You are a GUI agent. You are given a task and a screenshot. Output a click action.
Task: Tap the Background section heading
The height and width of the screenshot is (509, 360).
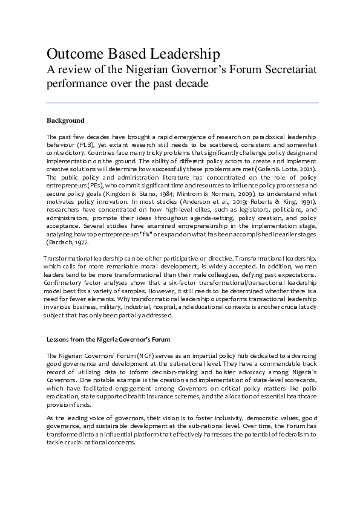(65, 120)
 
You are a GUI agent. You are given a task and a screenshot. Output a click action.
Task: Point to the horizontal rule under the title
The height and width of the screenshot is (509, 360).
(183, 103)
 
